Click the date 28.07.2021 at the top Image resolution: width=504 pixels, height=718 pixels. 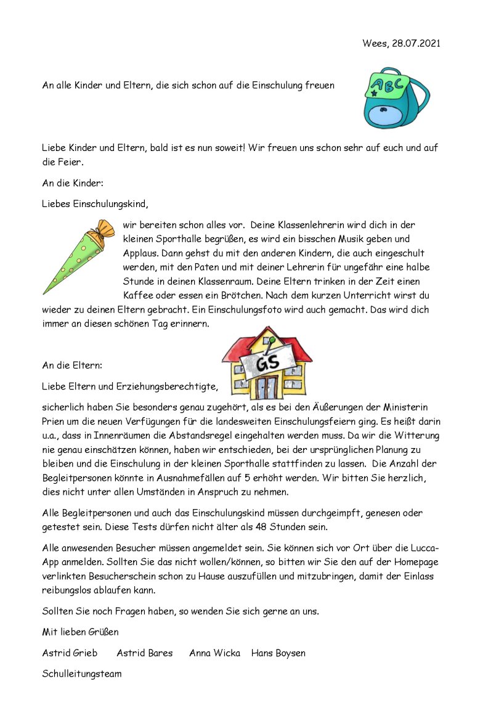click(x=416, y=44)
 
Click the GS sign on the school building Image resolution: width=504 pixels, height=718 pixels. click(x=267, y=364)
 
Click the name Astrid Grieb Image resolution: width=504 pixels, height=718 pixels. click(x=70, y=653)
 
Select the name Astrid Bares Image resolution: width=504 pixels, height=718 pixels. click(x=145, y=653)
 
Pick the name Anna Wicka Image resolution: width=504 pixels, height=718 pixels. click(x=214, y=653)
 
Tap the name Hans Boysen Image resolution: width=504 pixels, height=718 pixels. click(x=278, y=653)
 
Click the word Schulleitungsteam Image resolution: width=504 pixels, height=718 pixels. click(x=82, y=674)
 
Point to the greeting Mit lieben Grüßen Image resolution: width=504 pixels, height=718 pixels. click(x=80, y=632)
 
